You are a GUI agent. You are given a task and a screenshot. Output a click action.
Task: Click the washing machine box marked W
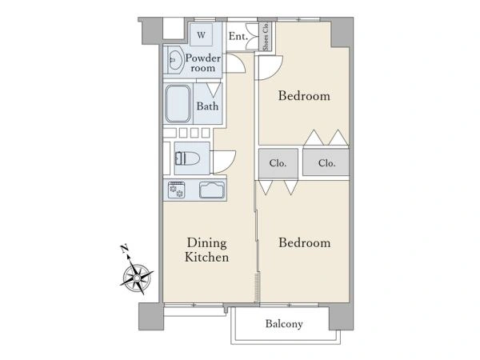(201, 34)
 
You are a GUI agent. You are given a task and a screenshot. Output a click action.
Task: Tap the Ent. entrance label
(238, 37)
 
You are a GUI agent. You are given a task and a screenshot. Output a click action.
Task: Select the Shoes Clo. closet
(265, 36)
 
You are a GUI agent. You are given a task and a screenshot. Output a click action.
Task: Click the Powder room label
(202, 62)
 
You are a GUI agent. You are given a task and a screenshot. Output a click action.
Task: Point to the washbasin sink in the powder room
(175, 60)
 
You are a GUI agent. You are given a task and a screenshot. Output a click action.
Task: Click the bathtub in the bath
(178, 104)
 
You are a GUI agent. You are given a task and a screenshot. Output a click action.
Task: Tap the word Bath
(207, 106)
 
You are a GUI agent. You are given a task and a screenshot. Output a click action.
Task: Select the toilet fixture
(187, 158)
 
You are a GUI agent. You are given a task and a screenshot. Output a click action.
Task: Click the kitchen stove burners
(176, 190)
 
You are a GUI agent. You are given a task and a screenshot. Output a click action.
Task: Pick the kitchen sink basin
(212, 190)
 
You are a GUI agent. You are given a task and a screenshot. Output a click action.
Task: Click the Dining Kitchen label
(206, 250)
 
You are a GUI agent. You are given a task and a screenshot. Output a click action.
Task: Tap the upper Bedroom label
(304, 96)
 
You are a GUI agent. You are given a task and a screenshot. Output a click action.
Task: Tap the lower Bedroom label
(305, 242)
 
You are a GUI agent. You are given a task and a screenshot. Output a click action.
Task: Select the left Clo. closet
(278, 163)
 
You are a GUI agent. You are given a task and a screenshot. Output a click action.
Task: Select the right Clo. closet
(326, 162)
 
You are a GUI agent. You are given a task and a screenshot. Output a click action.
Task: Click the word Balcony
(284, 323)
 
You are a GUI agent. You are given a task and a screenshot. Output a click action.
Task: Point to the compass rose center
(137, 278)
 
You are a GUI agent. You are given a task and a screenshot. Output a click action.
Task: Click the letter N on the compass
(124, 249)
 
